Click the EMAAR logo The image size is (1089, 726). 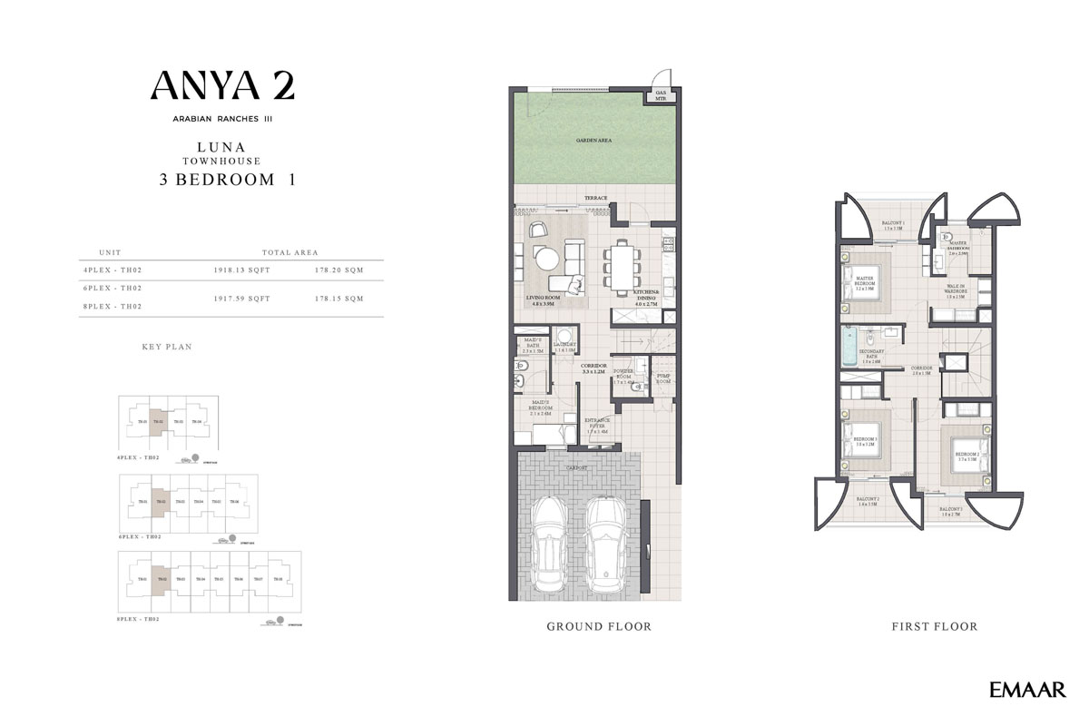tap(1027, 691)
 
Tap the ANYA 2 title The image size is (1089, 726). tap(222, 86)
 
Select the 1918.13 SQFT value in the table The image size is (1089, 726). tap(241, 270)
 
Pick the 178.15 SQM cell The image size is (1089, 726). tap(338, 298)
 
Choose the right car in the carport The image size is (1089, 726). tap(605, 543)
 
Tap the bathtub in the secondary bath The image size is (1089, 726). tap(849, 347)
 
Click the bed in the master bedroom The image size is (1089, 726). tap(864, 282)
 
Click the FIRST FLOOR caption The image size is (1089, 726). tap(934, 626)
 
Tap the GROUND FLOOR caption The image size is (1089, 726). tap(598, 626)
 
